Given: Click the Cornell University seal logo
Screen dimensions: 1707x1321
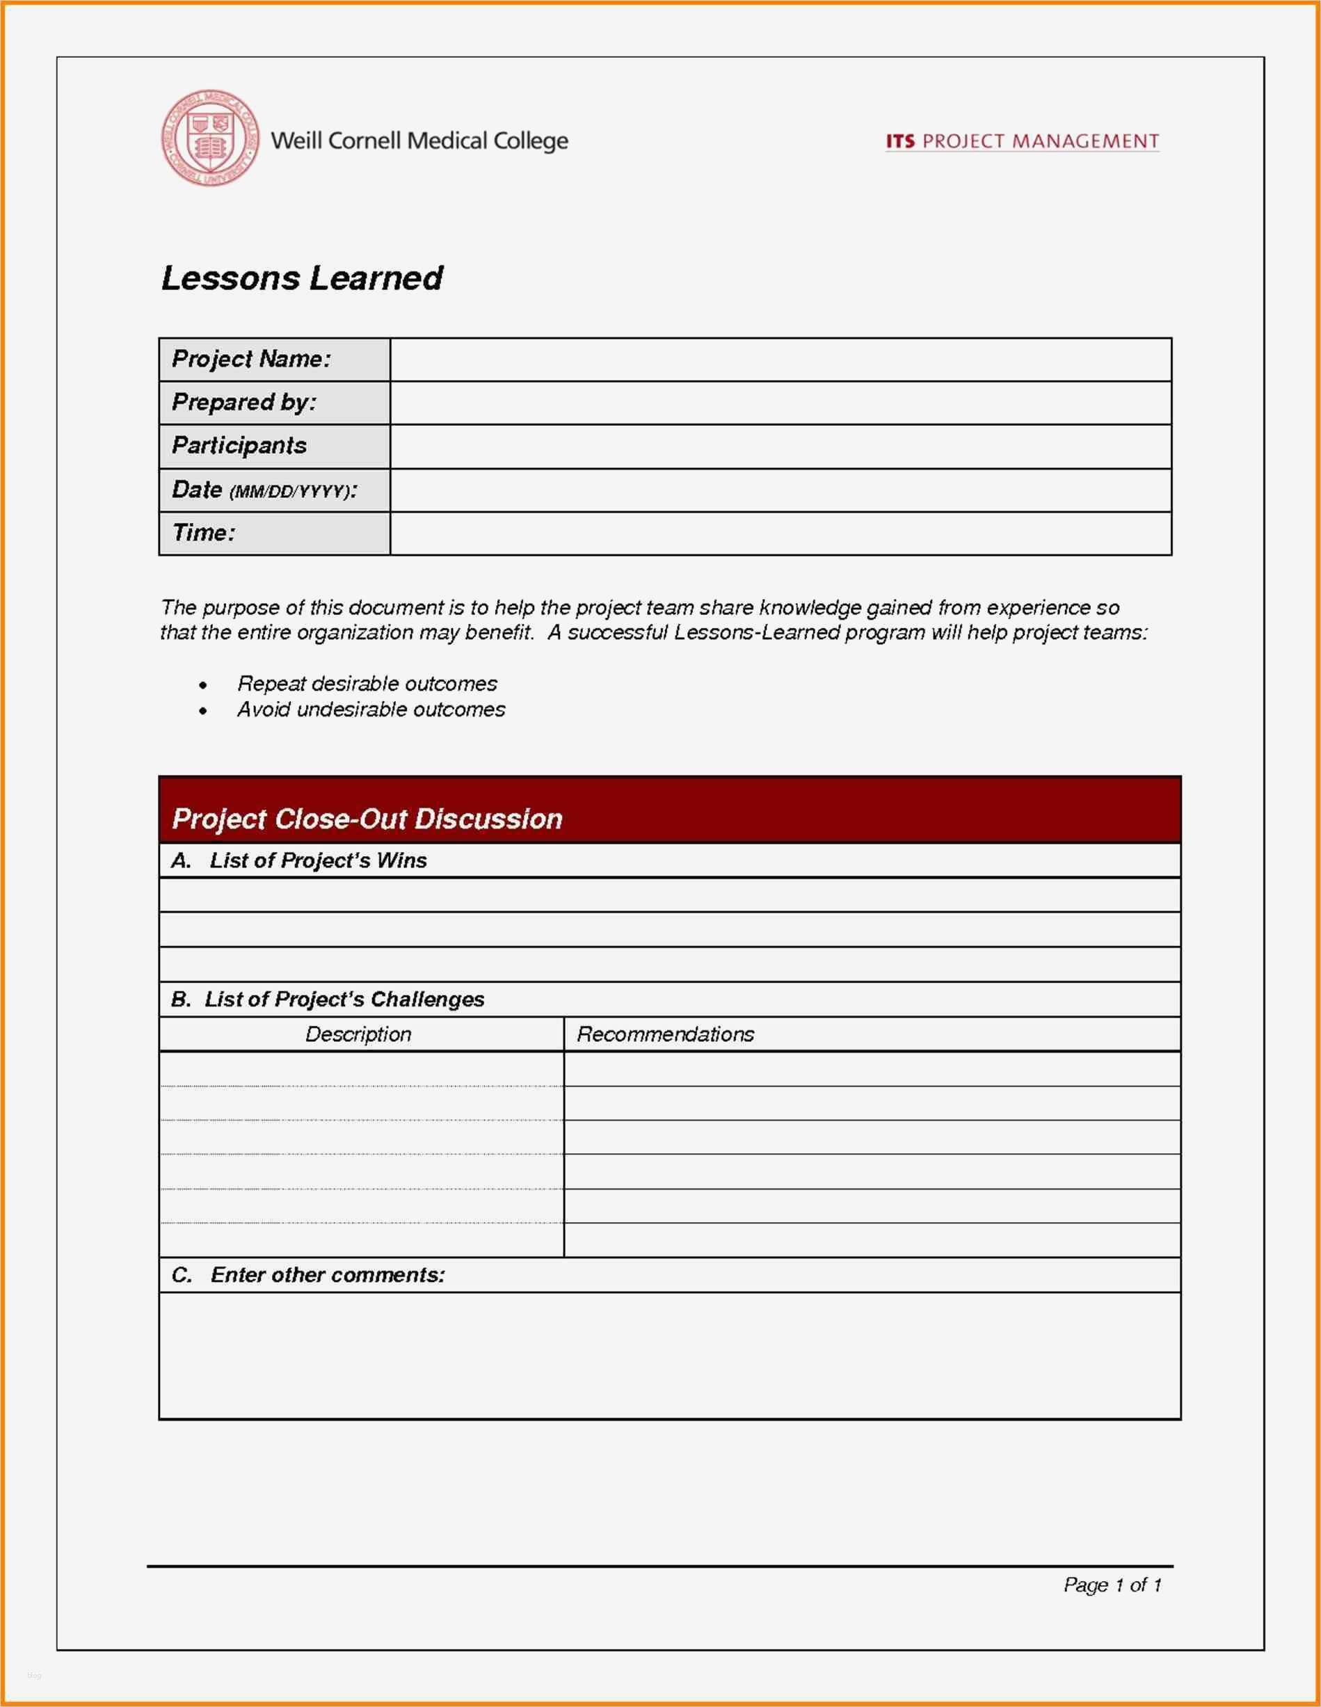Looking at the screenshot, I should (x=210, y=138).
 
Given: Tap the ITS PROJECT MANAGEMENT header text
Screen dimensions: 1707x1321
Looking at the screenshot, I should (x=1022, y=141).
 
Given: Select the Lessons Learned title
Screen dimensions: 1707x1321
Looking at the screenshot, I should (x=302, y=278).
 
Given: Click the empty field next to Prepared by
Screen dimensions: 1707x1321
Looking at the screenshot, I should (x=779, y=403).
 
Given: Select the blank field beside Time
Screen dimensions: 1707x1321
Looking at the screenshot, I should (x=779, y=533).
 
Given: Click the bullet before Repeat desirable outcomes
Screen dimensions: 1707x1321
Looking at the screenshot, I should (x=203, y=685).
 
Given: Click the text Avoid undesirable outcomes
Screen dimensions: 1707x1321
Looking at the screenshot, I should (x=371, y=710).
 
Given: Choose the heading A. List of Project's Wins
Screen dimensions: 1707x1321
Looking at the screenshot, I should (x=299, y=860).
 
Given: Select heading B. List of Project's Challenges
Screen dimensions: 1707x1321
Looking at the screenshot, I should (x=328, y=1000).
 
